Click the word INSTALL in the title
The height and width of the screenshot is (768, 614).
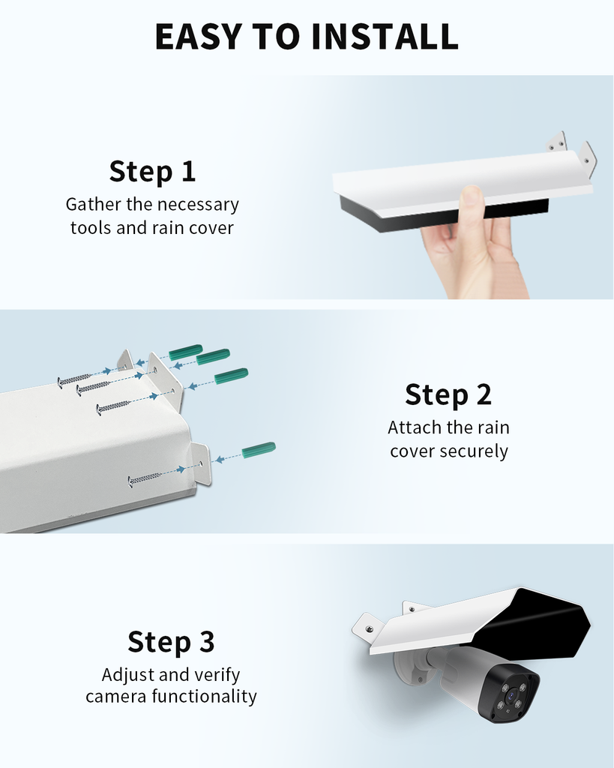pyautogui.click(x=385, y=36)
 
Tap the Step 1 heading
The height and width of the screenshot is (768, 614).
pyautogui.click(x=152, y=172)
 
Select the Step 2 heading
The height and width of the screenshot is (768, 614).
pyautogui.click(x=448, y=394)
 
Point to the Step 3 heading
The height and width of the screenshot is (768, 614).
pyautogui.click(x=171, y=642)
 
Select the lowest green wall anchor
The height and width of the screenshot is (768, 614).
pyautogui.click(x=259, y=450)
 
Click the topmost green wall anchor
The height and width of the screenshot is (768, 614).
pyautogui.click(x=186, y=352)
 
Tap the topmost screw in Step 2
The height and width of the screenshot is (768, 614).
pyautogui.click(x=74, y=380)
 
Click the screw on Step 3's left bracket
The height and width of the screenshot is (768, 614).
pyautogui.click(x=369, y=627)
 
